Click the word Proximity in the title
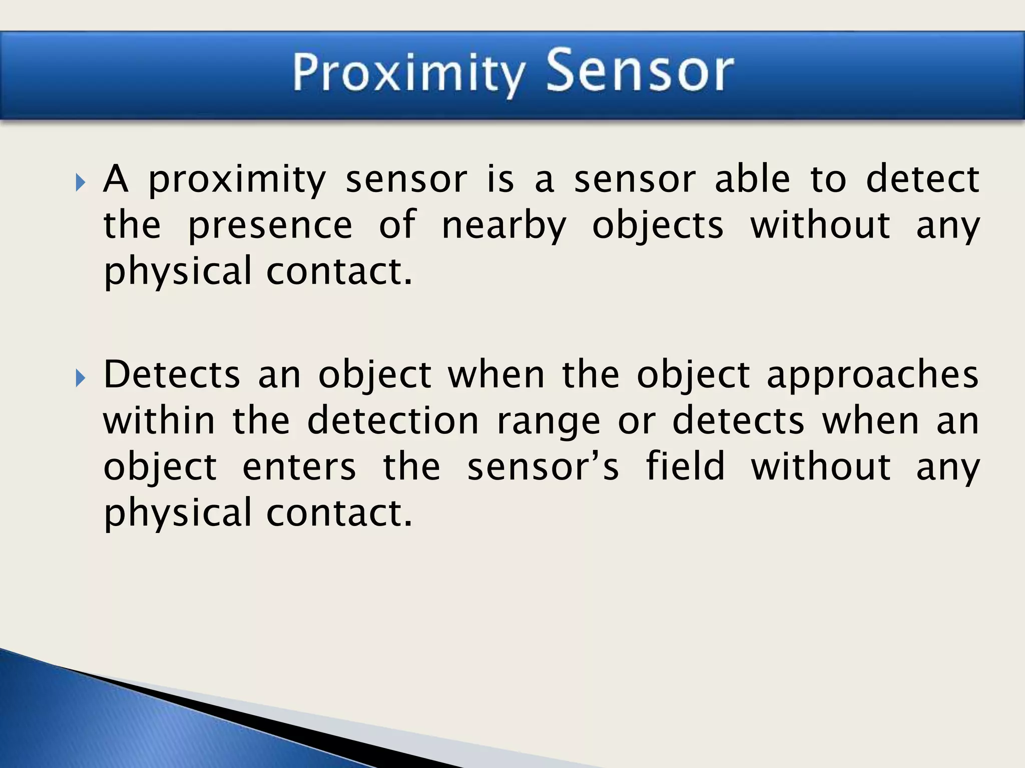coord(408,74)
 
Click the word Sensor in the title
coord(639,71)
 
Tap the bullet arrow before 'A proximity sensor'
coord(81,182)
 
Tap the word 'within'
coord(159,420)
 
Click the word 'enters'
coord(299,466)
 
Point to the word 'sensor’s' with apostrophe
coord(543,466)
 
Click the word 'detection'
coord(393,420)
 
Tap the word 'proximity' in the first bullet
coord(237,181)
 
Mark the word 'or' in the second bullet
coord(636,421)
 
